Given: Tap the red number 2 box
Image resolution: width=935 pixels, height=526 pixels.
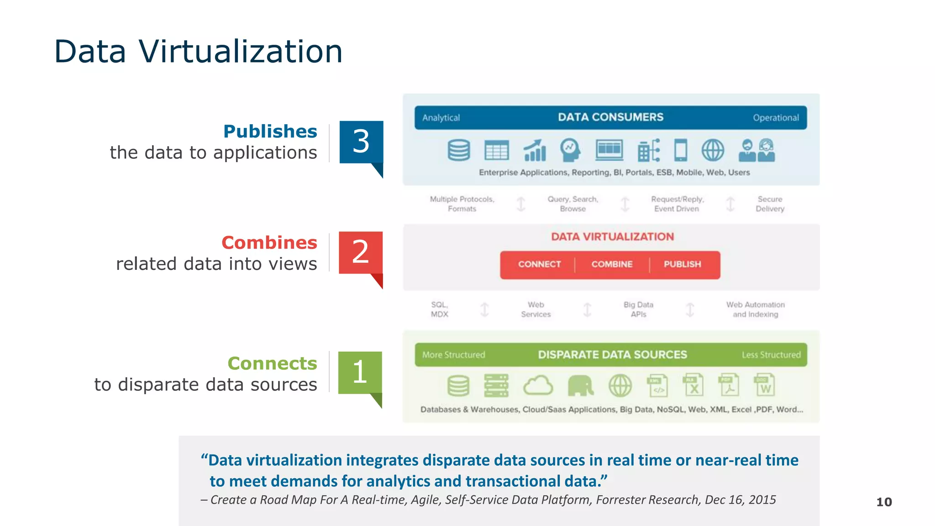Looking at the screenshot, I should tap(360, 252).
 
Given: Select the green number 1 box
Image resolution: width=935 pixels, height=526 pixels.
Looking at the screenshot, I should tap(360, 372).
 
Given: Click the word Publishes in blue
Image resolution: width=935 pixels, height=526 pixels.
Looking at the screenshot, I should tap(270, 131).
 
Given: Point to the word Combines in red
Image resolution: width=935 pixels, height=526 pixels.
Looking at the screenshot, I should tap(269, 243).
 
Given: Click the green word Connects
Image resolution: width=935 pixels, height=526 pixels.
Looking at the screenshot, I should tap(272, 363).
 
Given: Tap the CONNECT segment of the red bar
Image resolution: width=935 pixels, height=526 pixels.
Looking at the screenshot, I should tap(539, 264).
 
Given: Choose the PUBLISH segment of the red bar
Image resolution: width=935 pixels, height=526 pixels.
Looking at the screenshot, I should tap(682, 264).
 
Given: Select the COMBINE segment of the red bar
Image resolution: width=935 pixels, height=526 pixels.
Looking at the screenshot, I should tap(612, 264).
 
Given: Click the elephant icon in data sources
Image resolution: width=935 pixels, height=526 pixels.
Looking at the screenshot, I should tap(580, 386).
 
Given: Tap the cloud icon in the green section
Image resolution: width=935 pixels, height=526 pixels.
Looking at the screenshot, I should tap(538, 386).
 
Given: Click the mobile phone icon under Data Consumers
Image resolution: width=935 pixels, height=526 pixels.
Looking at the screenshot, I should tap(680, 150).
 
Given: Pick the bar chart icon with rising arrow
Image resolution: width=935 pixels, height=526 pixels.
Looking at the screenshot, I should tap(535, 150).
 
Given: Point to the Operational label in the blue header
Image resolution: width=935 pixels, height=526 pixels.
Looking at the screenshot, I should tap(776, 118).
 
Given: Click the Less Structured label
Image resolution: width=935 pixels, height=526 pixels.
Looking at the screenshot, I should tap(771, 355).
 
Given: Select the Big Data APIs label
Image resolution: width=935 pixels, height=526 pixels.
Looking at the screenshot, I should tap(638, 310).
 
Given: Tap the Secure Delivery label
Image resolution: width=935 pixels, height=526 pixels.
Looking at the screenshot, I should tap(770, 204).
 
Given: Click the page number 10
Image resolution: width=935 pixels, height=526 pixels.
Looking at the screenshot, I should tap(884, 502).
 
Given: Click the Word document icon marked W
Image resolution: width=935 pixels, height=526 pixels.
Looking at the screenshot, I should tap(764, 386).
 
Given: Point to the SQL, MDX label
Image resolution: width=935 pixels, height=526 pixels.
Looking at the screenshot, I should tap(439, 310).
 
